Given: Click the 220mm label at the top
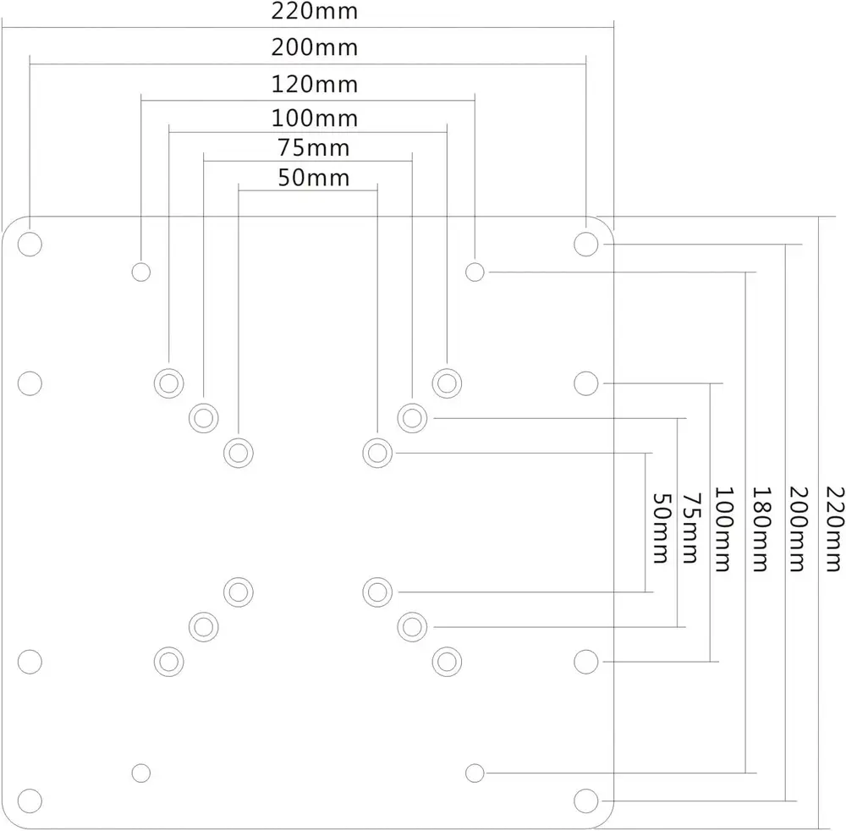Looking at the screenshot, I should tap(315, 12).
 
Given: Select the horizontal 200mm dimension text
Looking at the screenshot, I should tap(315, 47).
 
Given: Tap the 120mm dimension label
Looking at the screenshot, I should tap(315, 85).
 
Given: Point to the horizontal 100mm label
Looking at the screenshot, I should tap(315, 118).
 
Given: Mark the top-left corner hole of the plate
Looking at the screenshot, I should tap(30, 244).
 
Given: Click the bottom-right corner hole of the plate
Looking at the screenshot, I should tap(585, 800).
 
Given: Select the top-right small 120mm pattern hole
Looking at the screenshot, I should tap(475, 272).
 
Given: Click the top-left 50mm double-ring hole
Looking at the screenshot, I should tap(239, 453).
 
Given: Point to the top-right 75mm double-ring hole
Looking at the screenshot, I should tap(411, 417).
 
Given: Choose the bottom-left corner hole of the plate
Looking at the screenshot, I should tap(30, 800).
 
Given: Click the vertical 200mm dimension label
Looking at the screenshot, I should tap(796, 528).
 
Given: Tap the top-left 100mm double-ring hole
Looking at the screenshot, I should tap(168, 382).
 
